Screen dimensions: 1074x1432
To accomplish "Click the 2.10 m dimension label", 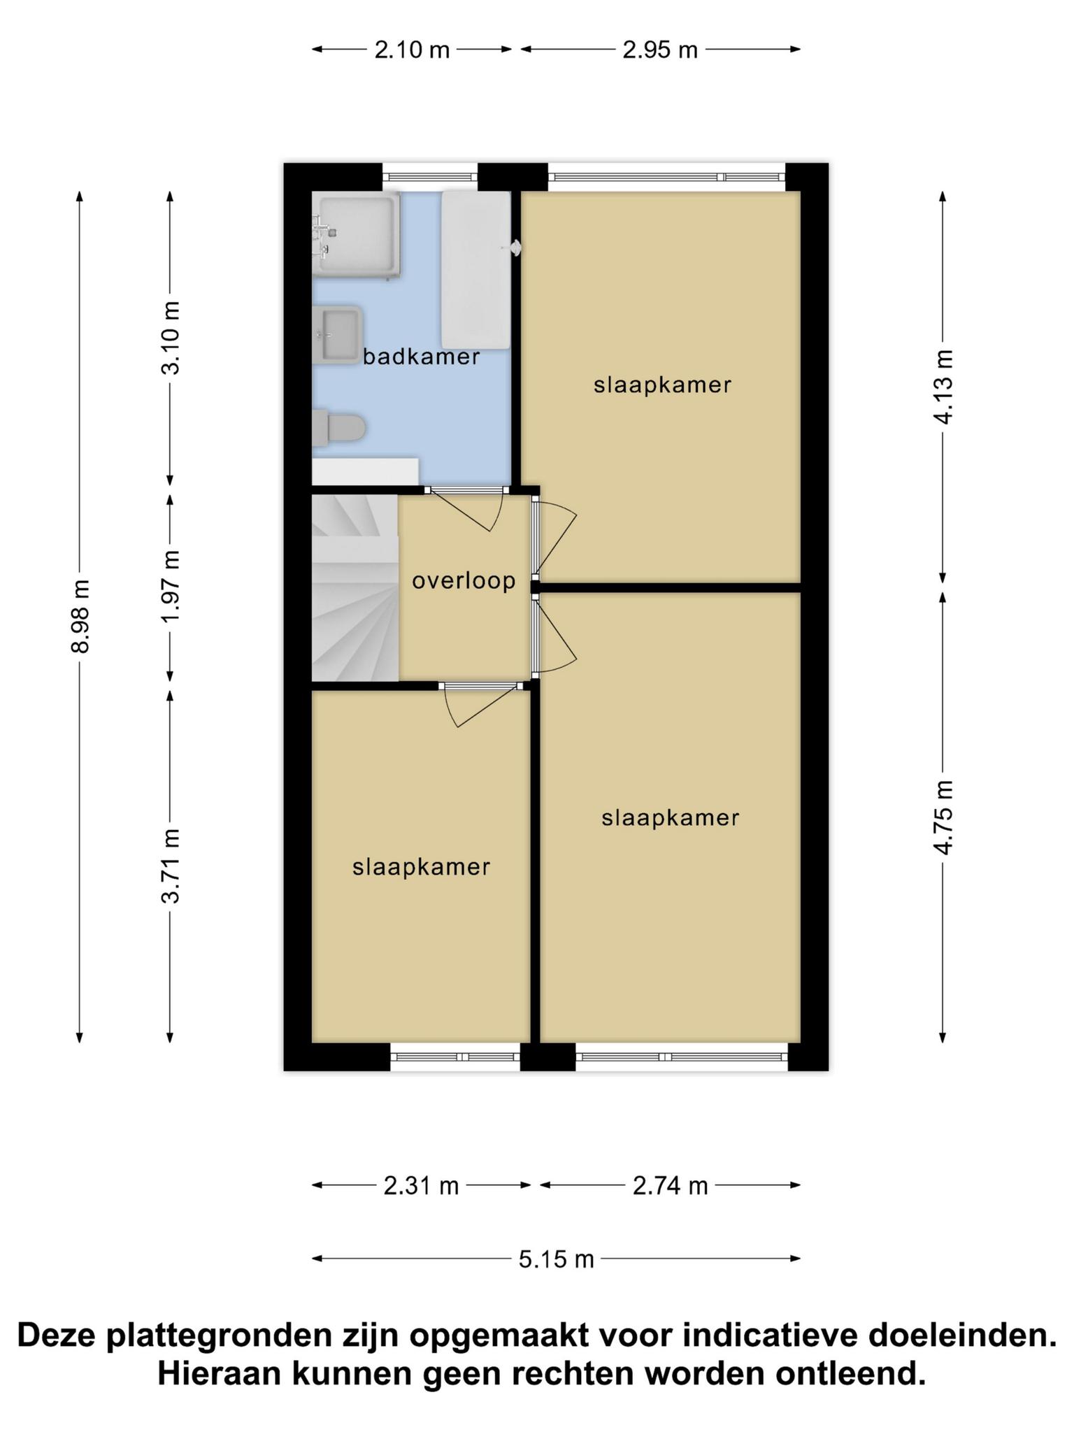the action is coord(412,50).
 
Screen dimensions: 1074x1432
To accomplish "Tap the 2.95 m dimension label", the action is coord(660,50).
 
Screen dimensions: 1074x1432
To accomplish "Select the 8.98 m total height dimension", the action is coord(80,616).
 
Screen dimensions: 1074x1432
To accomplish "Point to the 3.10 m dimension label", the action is coord(171,338).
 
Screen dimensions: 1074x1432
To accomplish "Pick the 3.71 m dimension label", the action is coord(171,866).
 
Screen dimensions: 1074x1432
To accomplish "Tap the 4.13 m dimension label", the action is coord(943,387).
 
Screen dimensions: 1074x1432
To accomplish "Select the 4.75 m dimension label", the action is coord(943,817).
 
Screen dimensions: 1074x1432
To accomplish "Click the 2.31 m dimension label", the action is coord(421,1186).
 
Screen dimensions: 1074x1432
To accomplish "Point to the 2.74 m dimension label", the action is coord(670,1186).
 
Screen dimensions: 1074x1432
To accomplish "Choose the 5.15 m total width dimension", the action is coord(556,1259).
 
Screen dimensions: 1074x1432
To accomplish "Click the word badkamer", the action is coord(421,357).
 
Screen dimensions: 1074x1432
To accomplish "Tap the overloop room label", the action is coord(464,580).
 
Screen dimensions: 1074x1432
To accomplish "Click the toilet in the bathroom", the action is coord(338,428).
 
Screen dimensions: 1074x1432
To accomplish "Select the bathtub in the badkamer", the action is coord(475,269).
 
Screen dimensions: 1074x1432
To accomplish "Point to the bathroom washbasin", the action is coord(337,334).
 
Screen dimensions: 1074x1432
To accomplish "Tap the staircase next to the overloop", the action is coord(355,587).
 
